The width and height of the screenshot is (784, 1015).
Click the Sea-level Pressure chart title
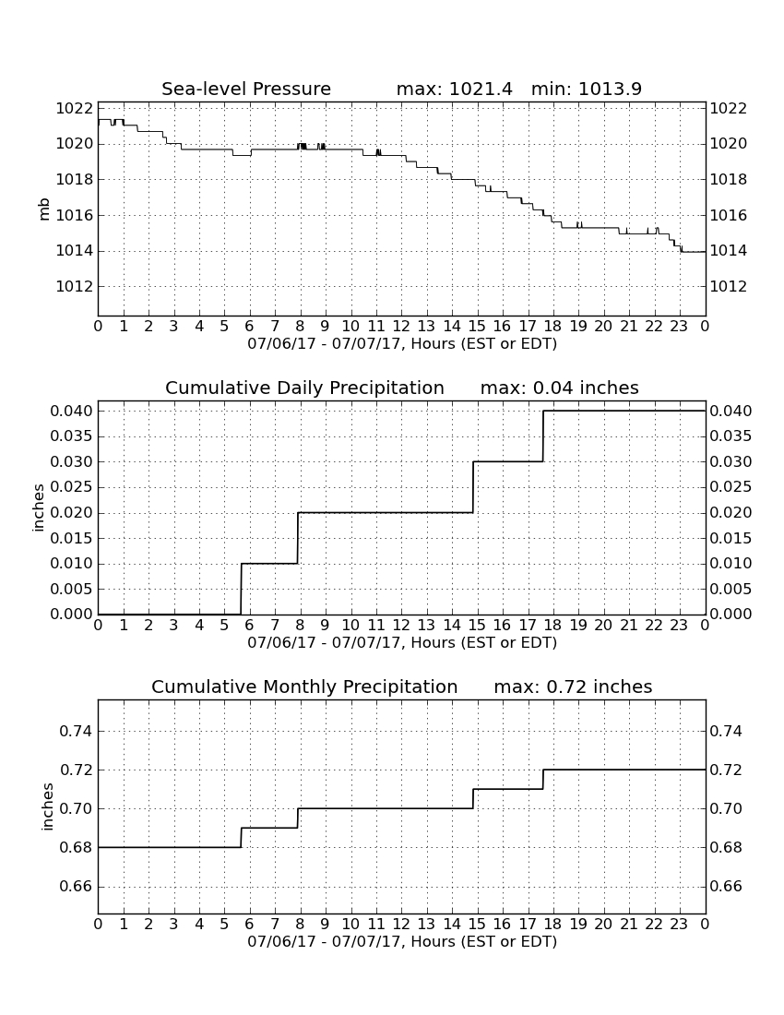246,89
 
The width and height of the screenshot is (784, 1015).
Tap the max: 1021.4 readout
454,89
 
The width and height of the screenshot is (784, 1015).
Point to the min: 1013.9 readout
586,89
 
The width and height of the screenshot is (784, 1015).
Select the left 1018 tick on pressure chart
74,179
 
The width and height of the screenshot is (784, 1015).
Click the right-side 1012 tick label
729,286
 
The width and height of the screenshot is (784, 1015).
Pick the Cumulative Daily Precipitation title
304,388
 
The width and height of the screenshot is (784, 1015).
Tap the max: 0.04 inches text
560,388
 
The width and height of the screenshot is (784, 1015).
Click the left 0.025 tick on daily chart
71,487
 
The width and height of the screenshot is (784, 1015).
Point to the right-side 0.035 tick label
731,436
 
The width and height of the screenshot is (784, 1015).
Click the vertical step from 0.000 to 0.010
242,589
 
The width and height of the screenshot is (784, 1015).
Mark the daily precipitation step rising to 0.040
542,436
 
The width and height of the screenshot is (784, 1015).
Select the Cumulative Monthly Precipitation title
304,687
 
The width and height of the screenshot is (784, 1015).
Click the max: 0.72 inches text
573,687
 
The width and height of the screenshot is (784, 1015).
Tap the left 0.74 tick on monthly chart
76,732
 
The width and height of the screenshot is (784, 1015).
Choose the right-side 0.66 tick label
726,887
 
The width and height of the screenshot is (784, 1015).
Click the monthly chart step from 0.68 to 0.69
242,838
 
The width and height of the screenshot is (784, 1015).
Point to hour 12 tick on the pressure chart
401,327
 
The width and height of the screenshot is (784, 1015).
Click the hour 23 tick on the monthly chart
679,925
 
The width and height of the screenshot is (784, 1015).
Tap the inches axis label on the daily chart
39,507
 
